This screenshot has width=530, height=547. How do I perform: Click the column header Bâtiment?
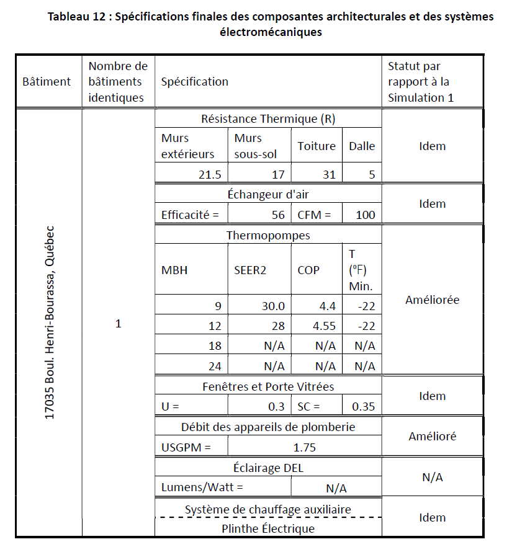click(x=47, y=82)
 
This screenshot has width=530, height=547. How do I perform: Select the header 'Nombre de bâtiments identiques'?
click(x=118, y=82)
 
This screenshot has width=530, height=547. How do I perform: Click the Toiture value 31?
click(x=329, y=174)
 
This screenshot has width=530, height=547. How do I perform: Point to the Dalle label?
click(x=362, y=146)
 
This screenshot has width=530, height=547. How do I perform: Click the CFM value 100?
click(x=366, y=215)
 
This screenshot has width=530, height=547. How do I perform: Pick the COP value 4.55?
click(x=325, y=326)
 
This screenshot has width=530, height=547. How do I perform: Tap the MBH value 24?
click(x=215, y=366)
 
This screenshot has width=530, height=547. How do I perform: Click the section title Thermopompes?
click(x=268, y=236)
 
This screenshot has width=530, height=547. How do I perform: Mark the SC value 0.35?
click(x=362, y=407)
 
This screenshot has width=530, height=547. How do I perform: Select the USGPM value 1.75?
click(x=304, y=447)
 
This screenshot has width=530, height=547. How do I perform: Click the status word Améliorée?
click(x=432, y=300)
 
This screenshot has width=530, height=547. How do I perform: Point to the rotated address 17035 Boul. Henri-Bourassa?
click(x=50, y=322)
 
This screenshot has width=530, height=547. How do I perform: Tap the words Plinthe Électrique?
click(x=268, y=529)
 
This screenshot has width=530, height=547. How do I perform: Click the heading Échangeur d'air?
click(x=268, y=195)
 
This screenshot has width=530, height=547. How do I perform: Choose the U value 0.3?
click(x=277, y=407)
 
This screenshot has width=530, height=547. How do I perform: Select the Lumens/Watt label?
click(x=202, y=487)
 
